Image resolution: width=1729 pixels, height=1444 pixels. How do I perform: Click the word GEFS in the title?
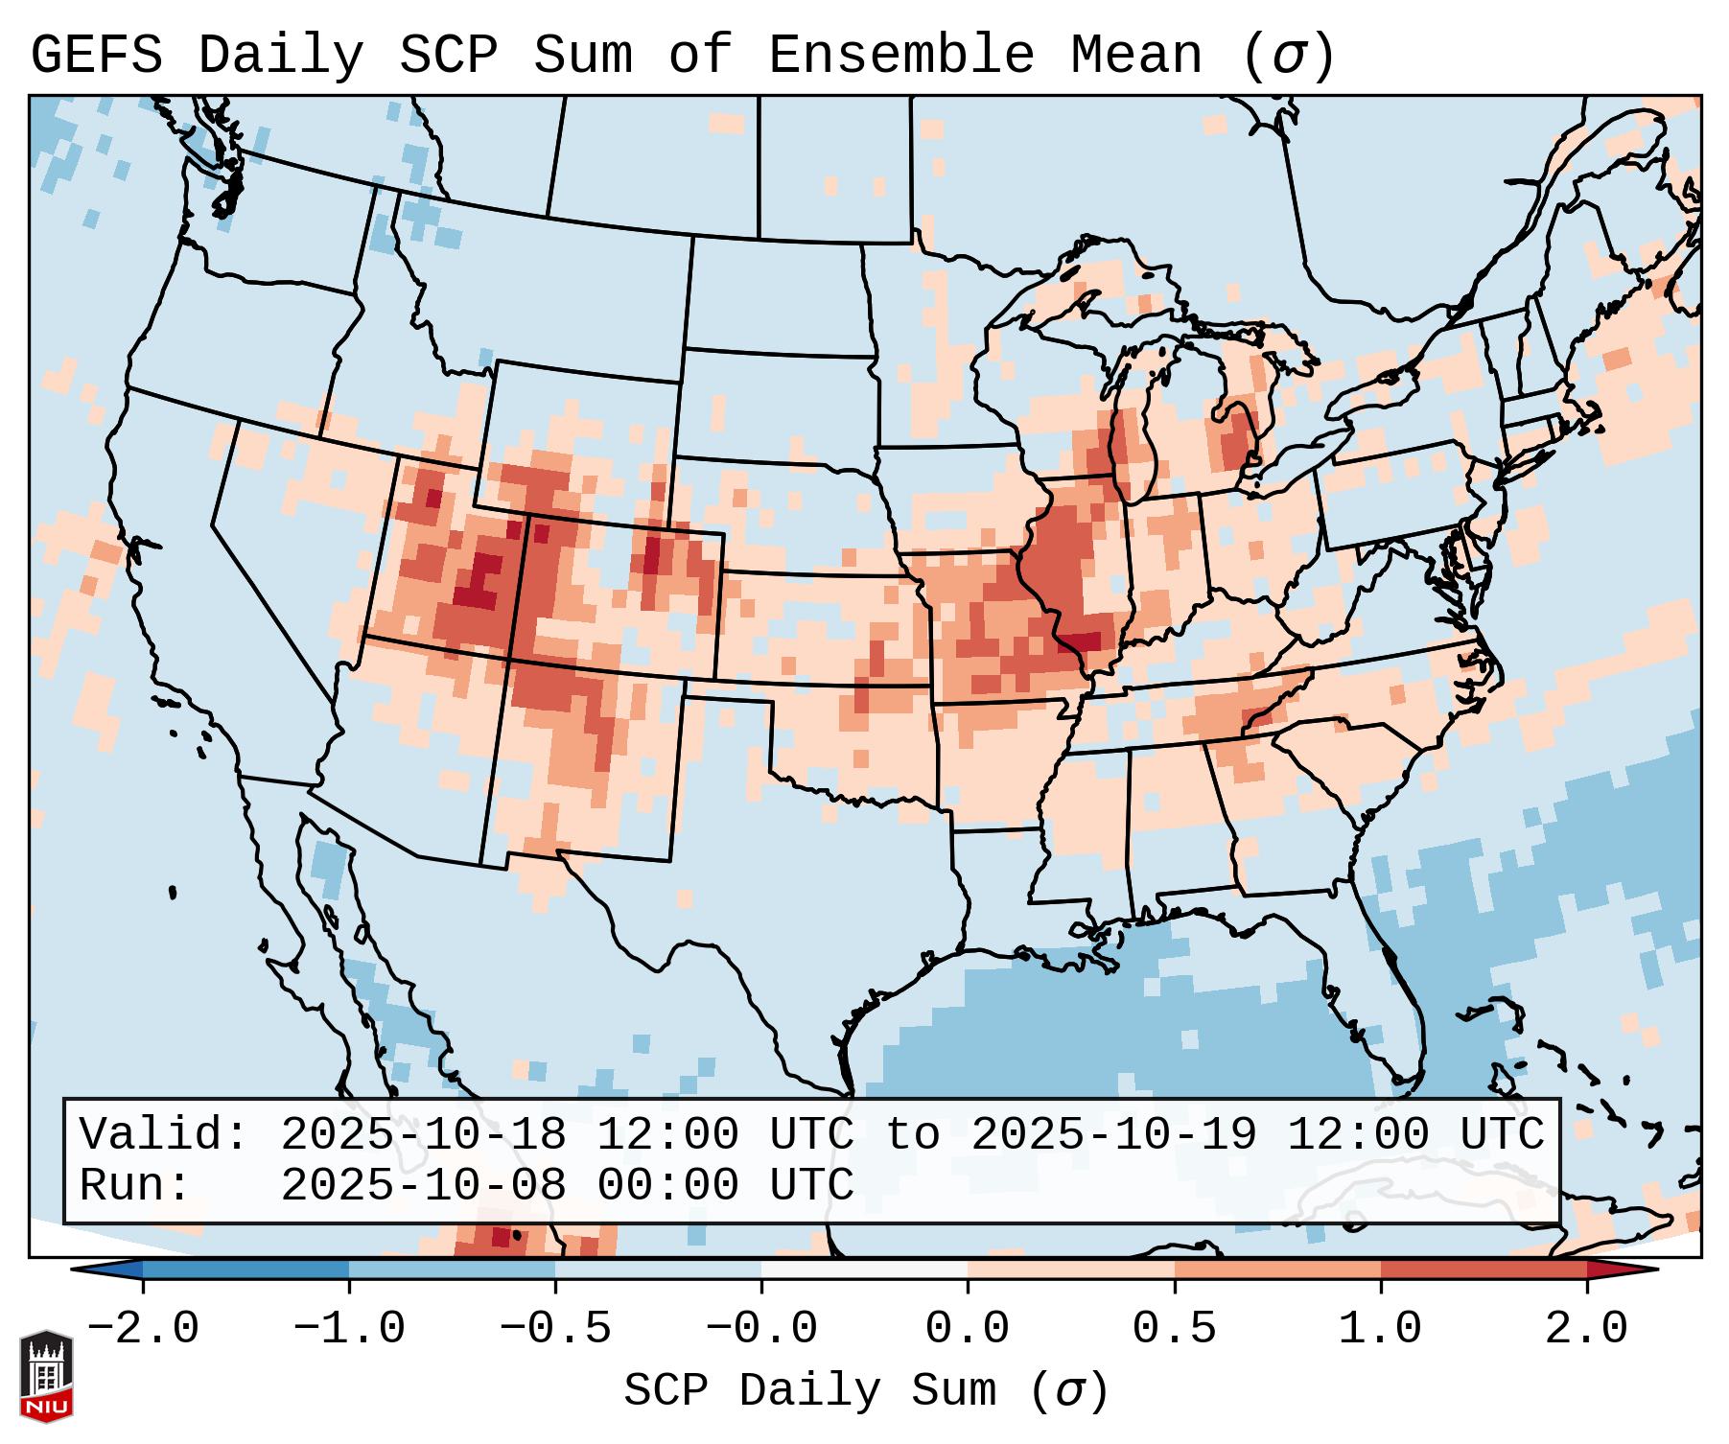[x=96, y=55]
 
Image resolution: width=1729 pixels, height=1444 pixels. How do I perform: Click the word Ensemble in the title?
[x=901, y=55]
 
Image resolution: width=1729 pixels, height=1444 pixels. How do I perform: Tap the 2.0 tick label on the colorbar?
[x=1586, y=1329]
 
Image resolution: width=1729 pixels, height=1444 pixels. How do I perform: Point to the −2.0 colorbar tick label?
[x=143, y=1329]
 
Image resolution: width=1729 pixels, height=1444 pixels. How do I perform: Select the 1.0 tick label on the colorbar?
[x=1380, y=1329]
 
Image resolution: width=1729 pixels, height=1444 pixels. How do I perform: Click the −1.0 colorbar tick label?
[x=349, y=1329]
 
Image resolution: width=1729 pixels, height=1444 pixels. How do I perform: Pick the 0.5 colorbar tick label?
[x=1174, y=1329]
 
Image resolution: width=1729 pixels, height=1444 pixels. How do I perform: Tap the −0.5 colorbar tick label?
[x=555, y=1329]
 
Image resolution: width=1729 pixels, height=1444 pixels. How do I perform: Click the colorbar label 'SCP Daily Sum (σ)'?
[x=866, y=1390]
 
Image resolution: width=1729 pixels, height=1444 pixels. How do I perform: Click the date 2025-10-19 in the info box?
[x=1113, y=1134]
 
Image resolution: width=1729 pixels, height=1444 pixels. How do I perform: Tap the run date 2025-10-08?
[x=423, y=1185]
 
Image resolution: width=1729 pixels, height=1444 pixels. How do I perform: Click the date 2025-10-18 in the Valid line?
[x=423, y=1134]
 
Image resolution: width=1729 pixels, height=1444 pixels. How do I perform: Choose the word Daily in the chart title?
[x=280, y=55]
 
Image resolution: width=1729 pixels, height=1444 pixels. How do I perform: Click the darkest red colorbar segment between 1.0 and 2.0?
[x=1483, y=1269]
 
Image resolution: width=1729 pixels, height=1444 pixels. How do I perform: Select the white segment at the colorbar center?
[x=864, y=1269]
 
